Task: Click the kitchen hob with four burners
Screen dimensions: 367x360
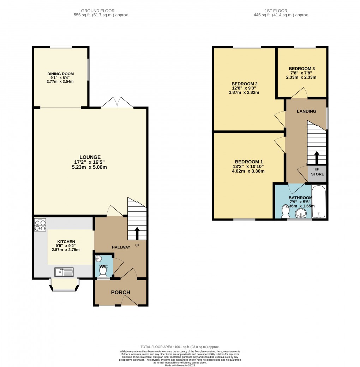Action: (x=40, y=225)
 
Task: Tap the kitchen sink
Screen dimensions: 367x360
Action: (x=64, y=272)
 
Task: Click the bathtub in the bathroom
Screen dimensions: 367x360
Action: (x=319, y=201)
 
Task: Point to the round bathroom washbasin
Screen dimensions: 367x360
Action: (x=301, y=213)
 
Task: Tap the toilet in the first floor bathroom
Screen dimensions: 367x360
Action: (x=285, y=212)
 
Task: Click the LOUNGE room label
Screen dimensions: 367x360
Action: (x=90, y=157)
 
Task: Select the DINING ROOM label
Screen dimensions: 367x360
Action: (x=61, y=74)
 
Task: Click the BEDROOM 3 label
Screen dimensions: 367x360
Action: (x=301, y=69)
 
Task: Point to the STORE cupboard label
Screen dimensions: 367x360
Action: (x=317, y=174)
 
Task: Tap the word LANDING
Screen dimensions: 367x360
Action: (x=306, y=112)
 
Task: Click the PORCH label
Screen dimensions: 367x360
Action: (x=121, y=293)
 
